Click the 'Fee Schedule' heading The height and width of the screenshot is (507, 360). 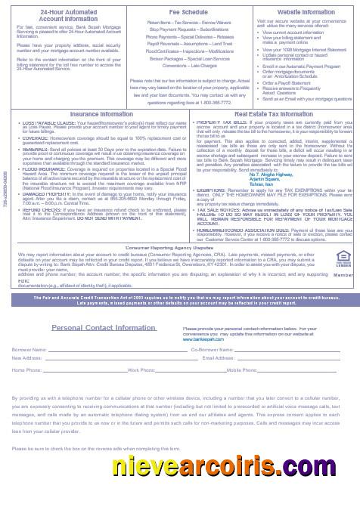[179, 12]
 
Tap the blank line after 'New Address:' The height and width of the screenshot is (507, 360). [106, 359]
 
